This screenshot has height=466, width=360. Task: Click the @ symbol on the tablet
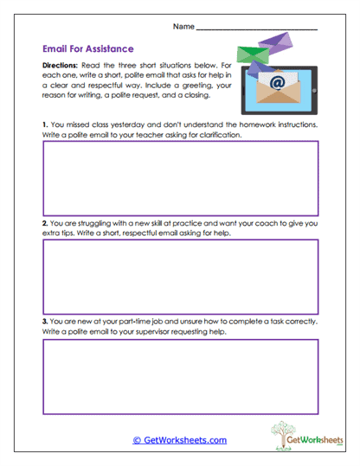pyautogui.click(x=277, y=83)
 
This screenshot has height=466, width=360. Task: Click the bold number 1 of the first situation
pyautogui.click(x=44, y=124)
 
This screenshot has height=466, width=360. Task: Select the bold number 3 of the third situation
pyautogui.click(x=44, y=322)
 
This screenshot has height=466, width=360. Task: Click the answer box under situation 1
pyautogui.click(x=180, y=177)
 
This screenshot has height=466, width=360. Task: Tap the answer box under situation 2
pyautogui.click(x=180, y=276)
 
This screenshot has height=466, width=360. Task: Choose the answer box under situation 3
pyautogui.click(x=180, y=375)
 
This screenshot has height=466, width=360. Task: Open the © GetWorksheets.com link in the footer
pyautogui.click(x=179, y=440)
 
